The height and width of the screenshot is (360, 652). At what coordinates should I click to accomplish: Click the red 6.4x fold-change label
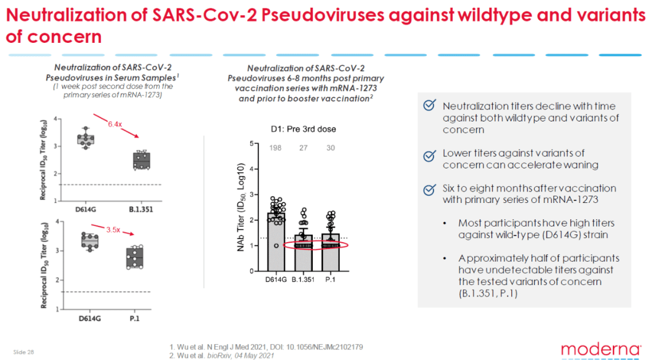coord(115,124)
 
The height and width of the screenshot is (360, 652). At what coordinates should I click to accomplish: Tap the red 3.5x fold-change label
coord(113,230)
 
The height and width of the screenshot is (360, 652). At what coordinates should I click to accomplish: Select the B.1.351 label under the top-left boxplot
coord(141,210)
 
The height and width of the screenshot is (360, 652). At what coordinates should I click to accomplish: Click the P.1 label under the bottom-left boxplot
coord(134,318)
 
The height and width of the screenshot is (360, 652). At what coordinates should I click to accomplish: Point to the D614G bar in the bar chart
coord(276,242)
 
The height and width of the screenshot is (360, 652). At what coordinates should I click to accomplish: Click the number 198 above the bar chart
coord(275,148)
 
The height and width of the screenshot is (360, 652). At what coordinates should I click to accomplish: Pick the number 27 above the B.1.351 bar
coord(304,148)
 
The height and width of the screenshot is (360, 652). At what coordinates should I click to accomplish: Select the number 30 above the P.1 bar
coord(331,148)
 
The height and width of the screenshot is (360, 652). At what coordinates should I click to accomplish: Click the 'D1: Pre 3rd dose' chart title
coord(304,129)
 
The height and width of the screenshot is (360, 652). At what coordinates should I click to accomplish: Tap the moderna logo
coord(601,349)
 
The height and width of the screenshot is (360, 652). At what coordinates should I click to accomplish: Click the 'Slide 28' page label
coord(24,352)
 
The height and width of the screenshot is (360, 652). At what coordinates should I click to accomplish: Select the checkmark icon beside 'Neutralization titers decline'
coord(430,105)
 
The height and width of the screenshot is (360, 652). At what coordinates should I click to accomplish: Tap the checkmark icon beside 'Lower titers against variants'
coord(430,156)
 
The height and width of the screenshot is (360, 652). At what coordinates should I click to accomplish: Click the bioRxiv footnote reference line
coord(222,355)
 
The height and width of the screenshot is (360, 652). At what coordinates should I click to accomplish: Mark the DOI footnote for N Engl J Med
coord(266,347)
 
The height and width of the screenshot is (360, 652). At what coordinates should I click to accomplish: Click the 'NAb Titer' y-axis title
coord(240,207)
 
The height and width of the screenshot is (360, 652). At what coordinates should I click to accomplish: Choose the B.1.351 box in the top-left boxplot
coord(141,161)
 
